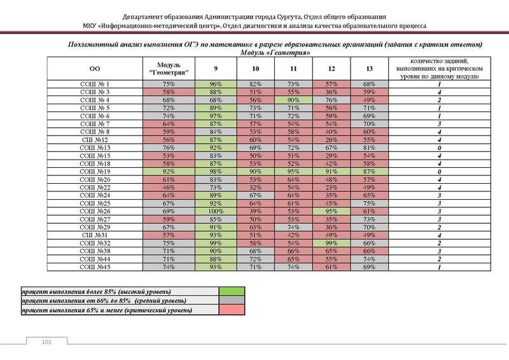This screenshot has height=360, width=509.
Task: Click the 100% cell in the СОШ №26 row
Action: tap(216, 211)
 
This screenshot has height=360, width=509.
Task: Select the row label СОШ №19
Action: tap(94, 171)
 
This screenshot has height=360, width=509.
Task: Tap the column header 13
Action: tap(369, 68)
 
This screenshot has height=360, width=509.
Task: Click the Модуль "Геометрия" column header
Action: tap(169, 68)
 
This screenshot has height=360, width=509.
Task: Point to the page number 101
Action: tap(45, 343)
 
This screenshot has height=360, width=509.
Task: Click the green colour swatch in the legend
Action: tap(232, 291)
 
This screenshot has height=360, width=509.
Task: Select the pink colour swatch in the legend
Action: tap(232, 310)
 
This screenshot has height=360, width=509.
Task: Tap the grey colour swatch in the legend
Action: tap(232, 300)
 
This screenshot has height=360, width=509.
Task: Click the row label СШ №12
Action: tap(94, 139)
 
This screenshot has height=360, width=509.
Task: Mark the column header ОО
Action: tap(94, 68)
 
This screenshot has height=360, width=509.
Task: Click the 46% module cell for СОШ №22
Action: tap(169, 187)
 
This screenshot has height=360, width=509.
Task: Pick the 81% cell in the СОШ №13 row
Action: tap(369, 148)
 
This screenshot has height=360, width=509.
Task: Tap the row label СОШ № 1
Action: tap(94, 84)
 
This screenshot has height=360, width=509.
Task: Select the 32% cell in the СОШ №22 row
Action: tap(255, 187)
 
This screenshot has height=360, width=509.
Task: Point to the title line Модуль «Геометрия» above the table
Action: tap(275, 53)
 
